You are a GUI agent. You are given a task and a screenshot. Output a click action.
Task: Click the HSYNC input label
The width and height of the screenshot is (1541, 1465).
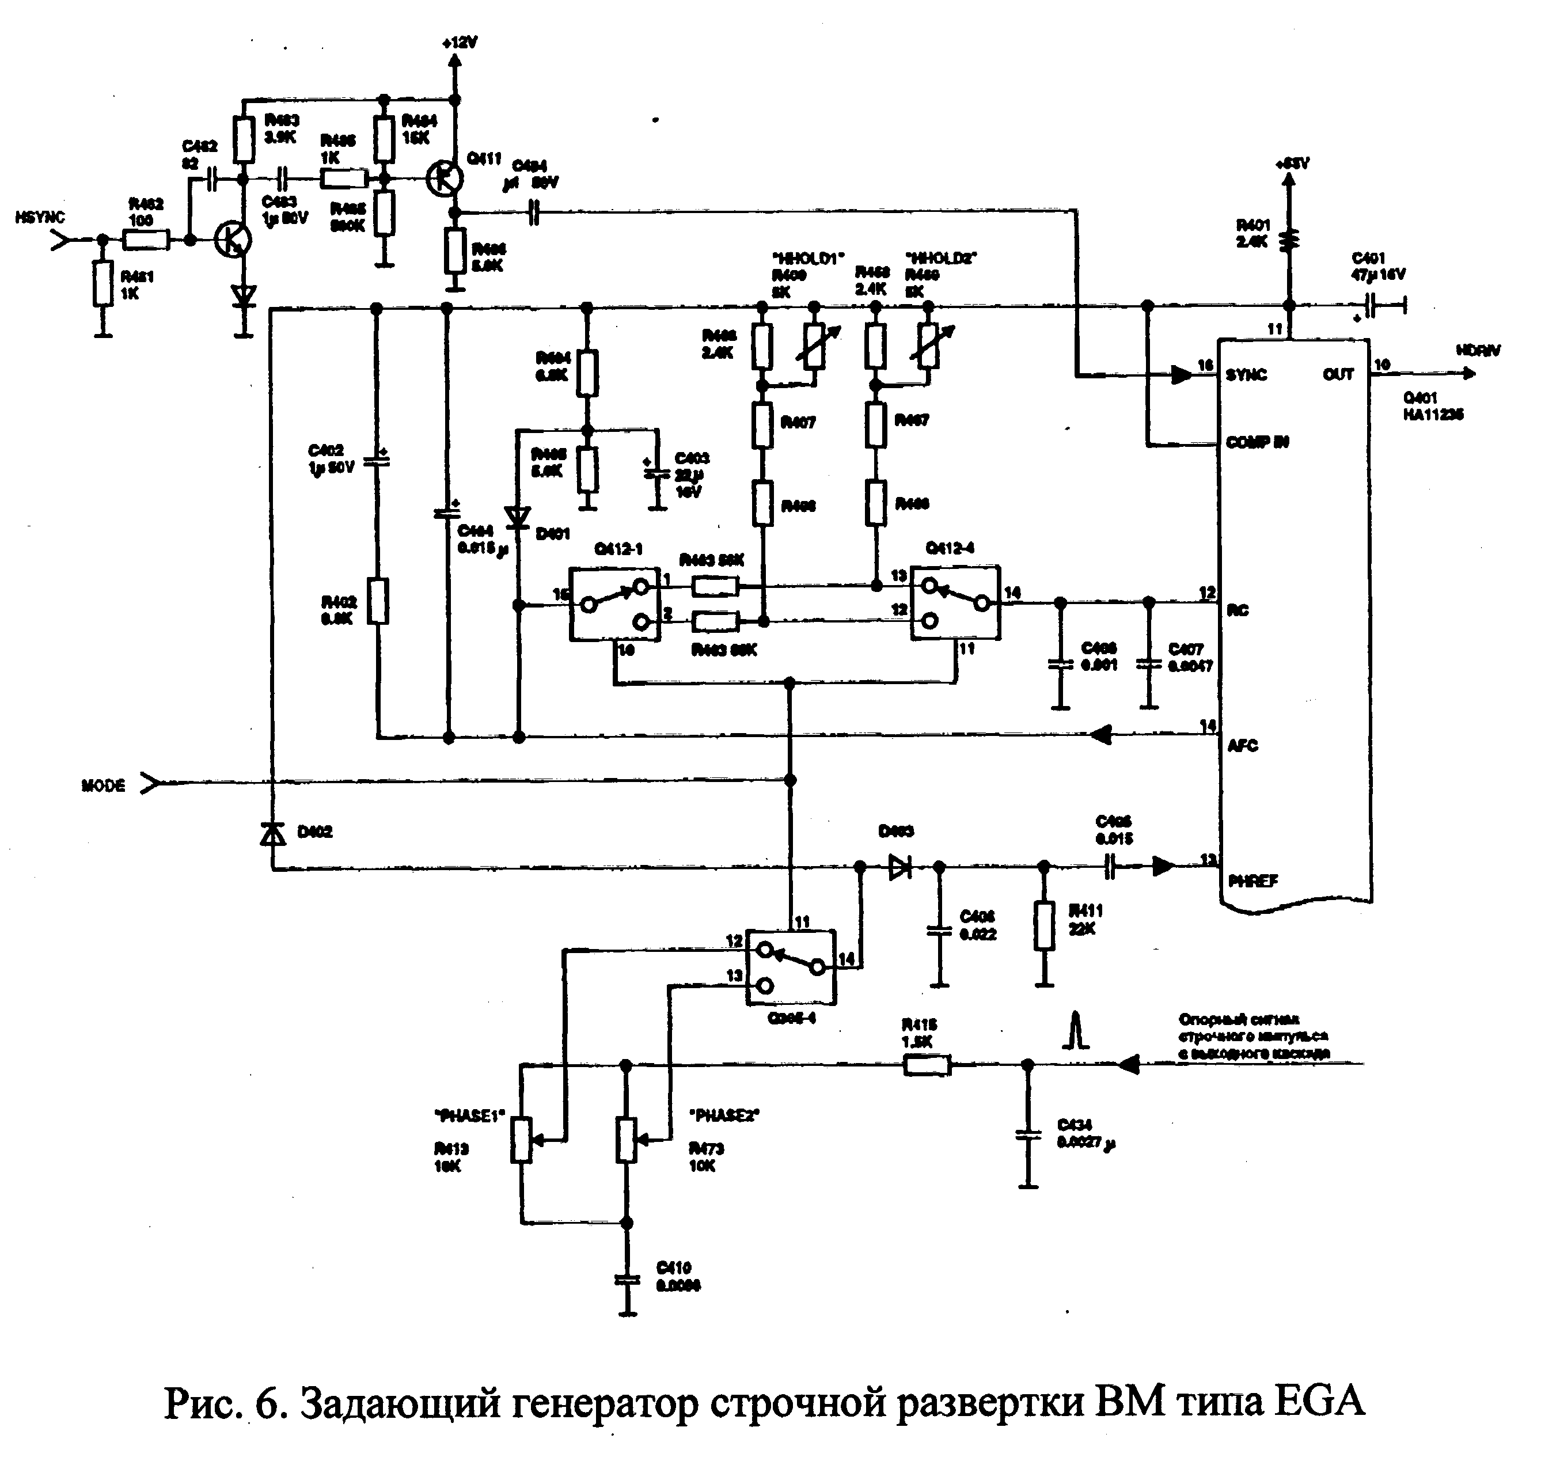[x=40, y=217]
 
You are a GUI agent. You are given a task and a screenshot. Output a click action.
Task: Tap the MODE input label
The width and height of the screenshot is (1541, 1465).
[x=103, y=785]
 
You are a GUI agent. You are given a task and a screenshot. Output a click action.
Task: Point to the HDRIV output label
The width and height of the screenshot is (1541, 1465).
[x=1478, y=351]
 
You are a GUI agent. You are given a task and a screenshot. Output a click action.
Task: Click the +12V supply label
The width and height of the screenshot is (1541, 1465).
[x=460, y=43]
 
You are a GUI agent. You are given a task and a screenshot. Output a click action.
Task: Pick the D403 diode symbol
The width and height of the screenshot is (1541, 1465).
[x=901, y=867]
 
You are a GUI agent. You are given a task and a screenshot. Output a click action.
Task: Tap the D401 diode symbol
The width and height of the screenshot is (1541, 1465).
[x=517, y=517]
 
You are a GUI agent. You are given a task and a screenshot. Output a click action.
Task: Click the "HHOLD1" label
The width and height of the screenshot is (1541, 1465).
[x=809, y=259]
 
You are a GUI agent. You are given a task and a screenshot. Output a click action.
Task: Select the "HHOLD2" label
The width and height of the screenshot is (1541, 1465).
[x=941, y=258]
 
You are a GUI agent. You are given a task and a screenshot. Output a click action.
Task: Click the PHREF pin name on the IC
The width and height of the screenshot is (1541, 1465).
[x=1253, y=881]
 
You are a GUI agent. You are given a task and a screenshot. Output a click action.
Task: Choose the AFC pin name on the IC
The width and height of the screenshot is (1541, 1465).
[x=1243, y=745]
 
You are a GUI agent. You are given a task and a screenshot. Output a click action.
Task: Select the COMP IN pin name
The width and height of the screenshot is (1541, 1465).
[x=1257, y=443]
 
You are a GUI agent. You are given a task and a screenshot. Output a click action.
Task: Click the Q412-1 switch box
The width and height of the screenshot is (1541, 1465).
[x=614, y=605]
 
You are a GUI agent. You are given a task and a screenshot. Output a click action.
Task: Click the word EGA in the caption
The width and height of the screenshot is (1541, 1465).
[x=1319, y=1401]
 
